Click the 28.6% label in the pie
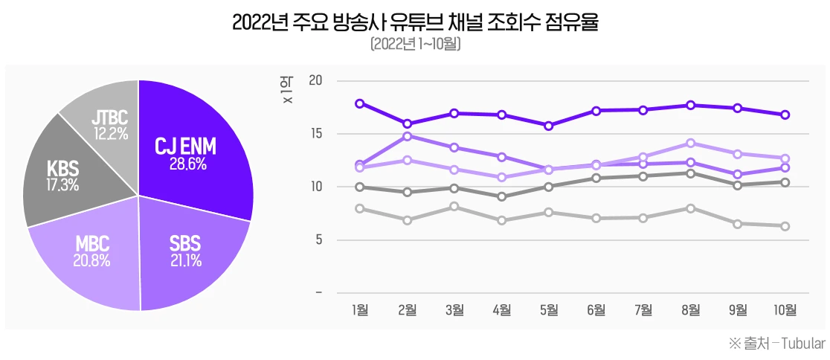[185, 164]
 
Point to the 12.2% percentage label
[110, 134]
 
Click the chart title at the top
[415, 22]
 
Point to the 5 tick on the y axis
[318, 240]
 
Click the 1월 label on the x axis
[360, 309]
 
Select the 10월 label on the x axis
[785, 309]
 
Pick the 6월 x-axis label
[596, 309]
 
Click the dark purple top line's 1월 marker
[360, 103]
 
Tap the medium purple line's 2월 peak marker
[408, 136]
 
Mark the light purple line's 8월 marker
[690, 143]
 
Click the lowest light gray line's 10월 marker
[785, 226]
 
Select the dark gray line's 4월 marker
[502, 196]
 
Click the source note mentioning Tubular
[777, 344]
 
